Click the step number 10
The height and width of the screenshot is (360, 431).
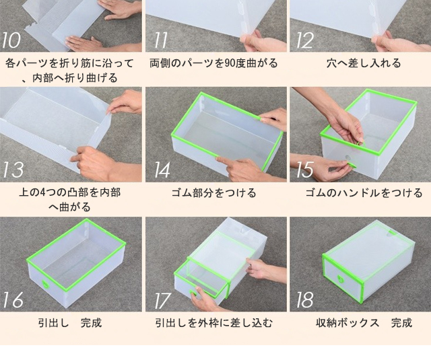tap(11, 40)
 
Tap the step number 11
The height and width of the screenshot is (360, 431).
tap(161, 40)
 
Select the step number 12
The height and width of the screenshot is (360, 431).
tap(304, 40)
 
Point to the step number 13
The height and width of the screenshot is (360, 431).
tap(13, 170)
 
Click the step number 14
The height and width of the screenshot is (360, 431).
tap(162, 170)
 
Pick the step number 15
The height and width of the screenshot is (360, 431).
tap(304, 170)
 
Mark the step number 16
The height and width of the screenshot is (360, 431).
tap(13, 299)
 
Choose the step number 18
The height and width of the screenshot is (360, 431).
tap(304, 299)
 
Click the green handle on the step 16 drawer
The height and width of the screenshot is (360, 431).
tap(45, 284)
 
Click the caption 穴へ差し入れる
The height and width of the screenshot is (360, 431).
tap(364, 63)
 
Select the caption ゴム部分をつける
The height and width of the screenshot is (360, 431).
tap(214, 192)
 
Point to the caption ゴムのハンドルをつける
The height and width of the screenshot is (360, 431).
tap(364, 192)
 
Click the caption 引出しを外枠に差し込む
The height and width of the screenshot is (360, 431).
tap(214, 323)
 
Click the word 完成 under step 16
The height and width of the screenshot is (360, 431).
tap(92, 323)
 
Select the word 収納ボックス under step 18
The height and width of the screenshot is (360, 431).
tap(347, 323)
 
